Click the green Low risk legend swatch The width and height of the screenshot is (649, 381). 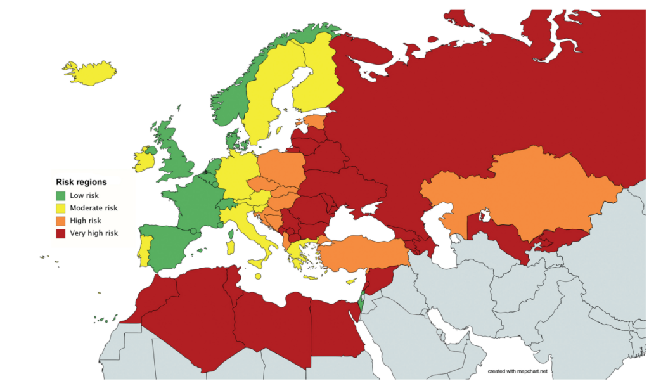click(x=61, y=195)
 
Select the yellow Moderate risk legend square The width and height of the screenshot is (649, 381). click(x=61, y=208)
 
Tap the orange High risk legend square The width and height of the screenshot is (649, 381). click(x=61, y=221)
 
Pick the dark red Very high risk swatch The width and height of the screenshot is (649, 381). click(x=61, y=233)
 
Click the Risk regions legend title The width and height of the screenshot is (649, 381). click(x=81, y=182)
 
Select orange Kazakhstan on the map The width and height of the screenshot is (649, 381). click(x=520, y=190)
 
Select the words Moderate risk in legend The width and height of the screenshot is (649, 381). click(x=94, y=208)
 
